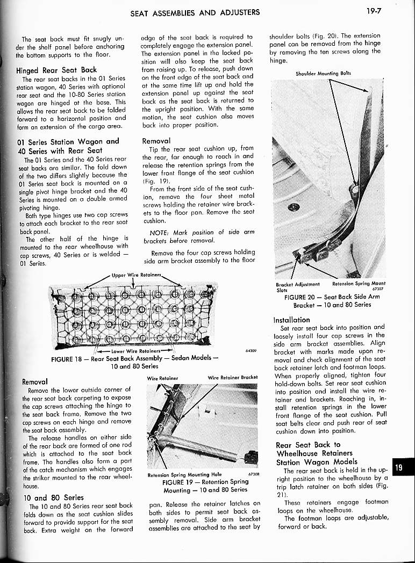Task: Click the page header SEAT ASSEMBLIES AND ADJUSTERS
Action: tap(195, 12)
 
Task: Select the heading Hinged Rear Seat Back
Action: tap(56, 70)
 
